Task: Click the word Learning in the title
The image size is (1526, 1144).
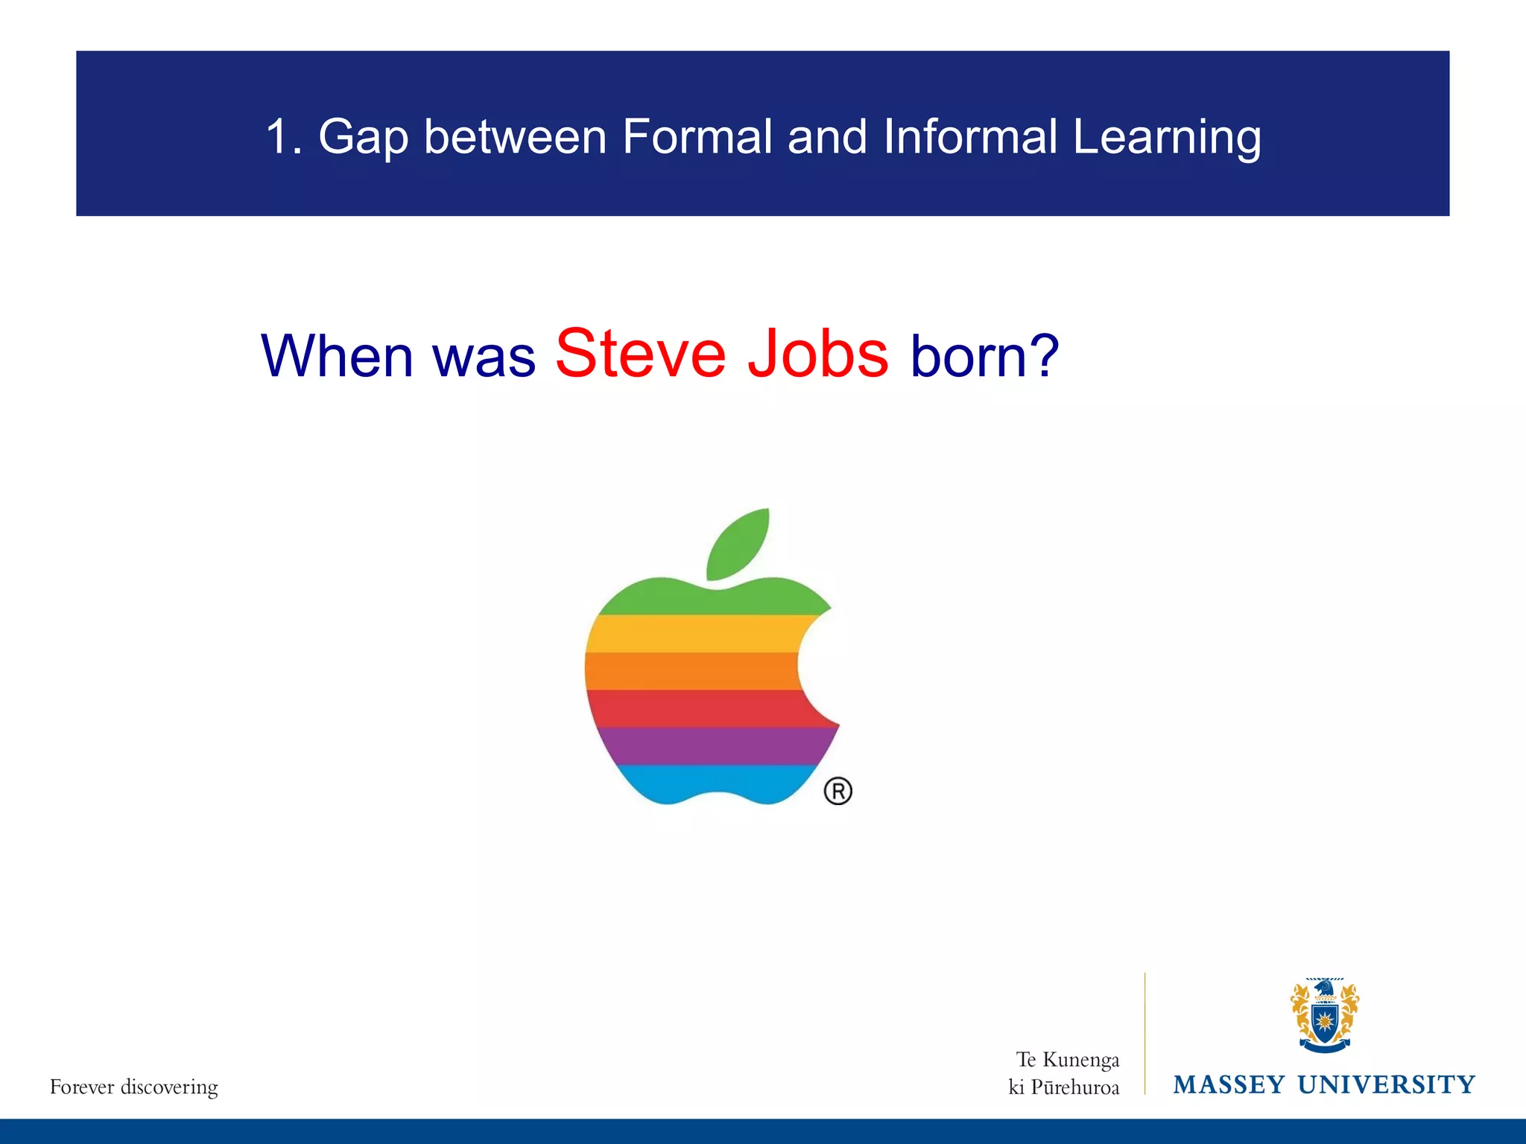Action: pos(1166,138)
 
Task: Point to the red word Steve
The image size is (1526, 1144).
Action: pos(640,354)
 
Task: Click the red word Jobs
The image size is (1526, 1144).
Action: pos(817,354)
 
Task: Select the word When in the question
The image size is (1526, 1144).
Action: pos(337,356)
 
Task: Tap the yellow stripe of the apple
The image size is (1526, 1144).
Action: pos(693,634)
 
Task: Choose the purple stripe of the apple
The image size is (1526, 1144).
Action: pos(708,746)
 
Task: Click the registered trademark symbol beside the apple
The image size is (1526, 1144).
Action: pos(838,791)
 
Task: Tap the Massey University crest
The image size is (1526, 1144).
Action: pos(1324,1015)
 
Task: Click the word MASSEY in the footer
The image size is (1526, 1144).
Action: pos(1229,1084)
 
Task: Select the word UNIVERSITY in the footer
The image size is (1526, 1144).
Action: pos(1386,1084)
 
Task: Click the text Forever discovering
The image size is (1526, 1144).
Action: pos(134,1087)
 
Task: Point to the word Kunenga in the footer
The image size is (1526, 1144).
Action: pos(1080,1060)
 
